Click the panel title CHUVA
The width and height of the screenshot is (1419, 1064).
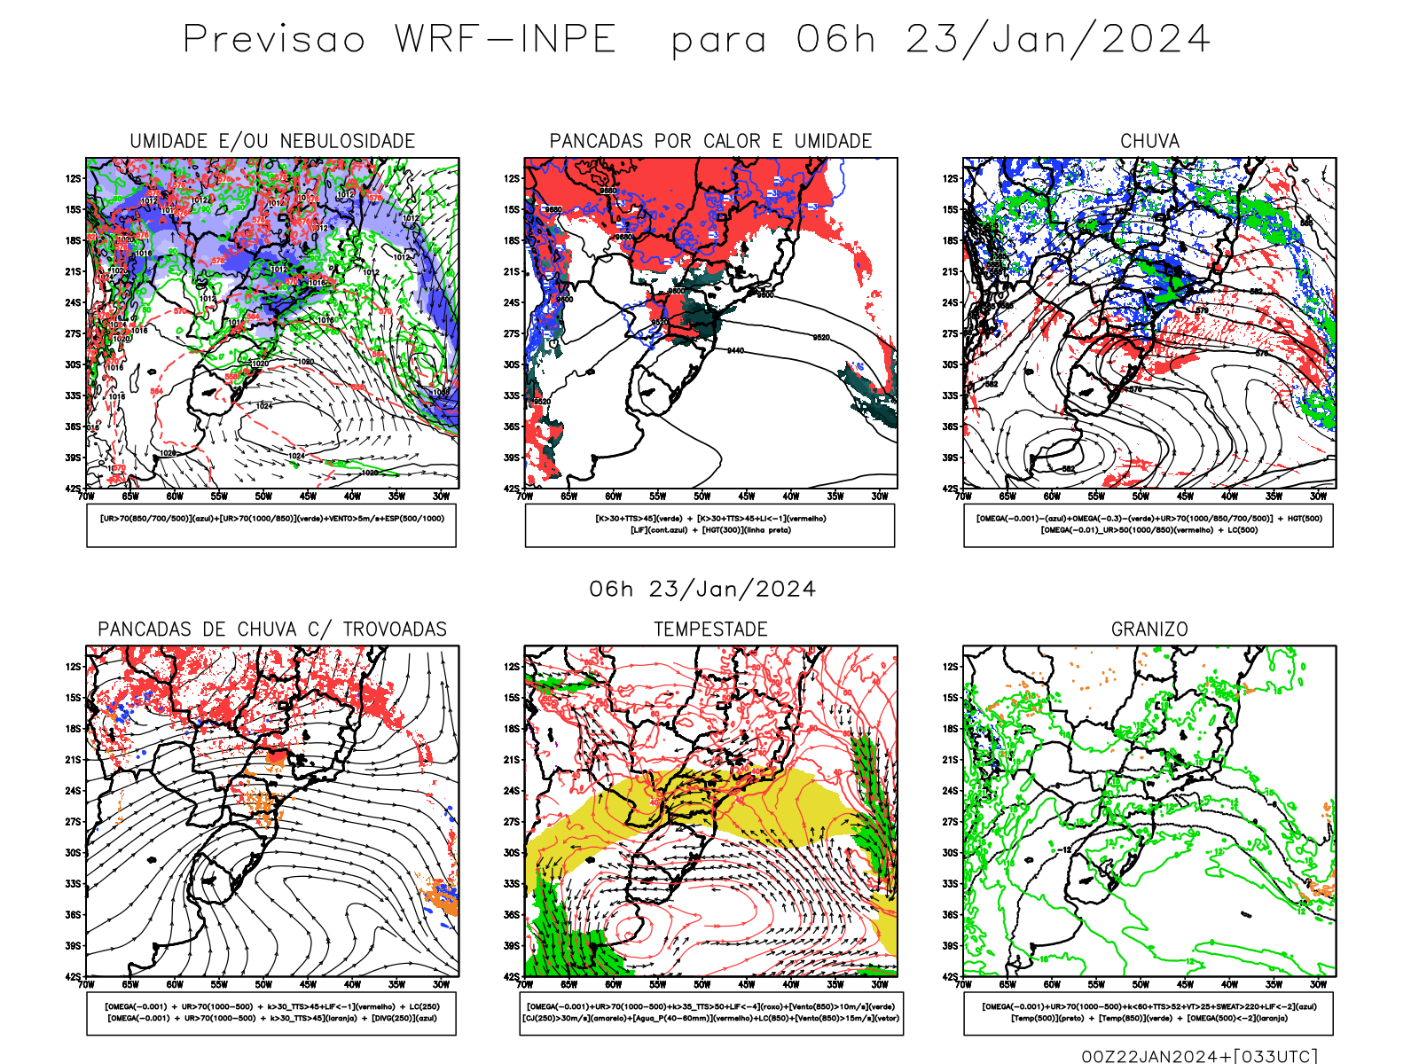pos(1149,141)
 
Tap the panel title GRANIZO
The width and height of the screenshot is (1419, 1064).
pos(1149,630)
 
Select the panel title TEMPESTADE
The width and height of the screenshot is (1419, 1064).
pos(710,630)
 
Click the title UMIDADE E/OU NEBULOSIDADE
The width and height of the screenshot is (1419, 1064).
pos(272,141)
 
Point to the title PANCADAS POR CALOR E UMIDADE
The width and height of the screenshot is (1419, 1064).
pos(710,141)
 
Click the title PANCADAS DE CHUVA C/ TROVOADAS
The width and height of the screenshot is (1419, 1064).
pos(272,630)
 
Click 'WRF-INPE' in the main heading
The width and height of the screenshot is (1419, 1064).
pos(506,40)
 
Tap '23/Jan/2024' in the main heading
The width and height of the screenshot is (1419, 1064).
pos(1057,40)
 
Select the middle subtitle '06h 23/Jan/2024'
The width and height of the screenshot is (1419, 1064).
pos(702,590)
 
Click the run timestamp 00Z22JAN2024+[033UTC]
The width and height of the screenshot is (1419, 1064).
pos(1199,1056)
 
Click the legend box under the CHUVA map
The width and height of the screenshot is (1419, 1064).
pos(1149,525)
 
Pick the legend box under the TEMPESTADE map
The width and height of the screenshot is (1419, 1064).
pos(710,1013)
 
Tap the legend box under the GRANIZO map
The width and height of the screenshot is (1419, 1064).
pos(1149,1013)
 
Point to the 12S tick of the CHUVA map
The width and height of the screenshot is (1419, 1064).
pos(950,179)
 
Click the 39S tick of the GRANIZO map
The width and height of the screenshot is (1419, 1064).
pos(950,946)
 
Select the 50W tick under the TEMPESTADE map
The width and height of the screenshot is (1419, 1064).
pos(702,984)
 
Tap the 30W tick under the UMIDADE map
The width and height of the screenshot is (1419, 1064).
pos(441,497)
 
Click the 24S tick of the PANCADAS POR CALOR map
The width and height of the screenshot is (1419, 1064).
pos(512,303)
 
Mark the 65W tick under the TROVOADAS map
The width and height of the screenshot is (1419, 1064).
pos(130,984)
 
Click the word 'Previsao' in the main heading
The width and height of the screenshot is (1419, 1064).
pos(274,40)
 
